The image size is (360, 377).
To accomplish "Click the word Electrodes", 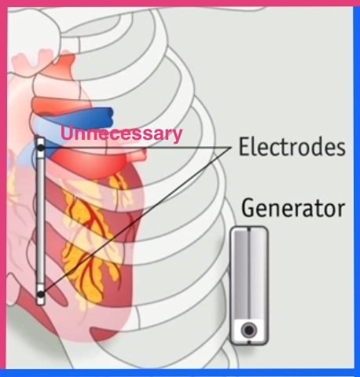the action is pos(292,147).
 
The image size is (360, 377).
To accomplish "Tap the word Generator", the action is pos(293,207).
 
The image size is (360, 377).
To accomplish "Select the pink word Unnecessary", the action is pos(121,134).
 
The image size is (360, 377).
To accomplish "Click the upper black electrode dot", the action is pos(41,148).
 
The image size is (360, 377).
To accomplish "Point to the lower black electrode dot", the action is pos(41,295).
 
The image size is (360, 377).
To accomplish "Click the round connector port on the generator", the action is pos(248,330).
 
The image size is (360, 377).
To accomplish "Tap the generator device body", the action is pos(249,285).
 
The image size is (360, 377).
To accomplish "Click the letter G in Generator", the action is pos(248,207).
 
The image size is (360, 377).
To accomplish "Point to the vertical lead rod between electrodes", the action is pos(41,221).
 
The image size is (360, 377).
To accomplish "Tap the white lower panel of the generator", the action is pos(249,331).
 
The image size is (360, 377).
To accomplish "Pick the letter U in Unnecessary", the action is pos(67,133).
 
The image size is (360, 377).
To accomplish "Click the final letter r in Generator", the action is pos(340,210).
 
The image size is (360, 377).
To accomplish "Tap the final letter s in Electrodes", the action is pos(341,149).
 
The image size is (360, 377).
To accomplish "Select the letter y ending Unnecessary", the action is pos(177,136).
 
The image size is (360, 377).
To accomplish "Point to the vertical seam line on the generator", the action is pos(248,273).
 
